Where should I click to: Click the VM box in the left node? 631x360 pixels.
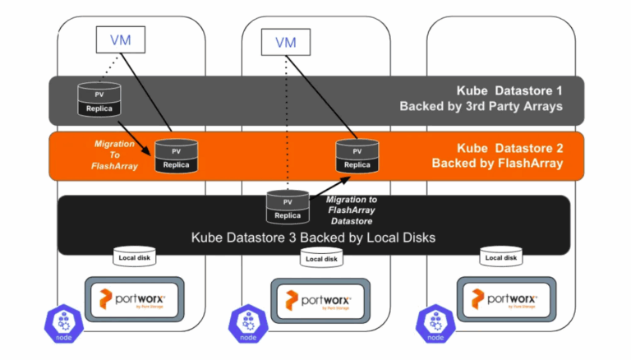(117, 38)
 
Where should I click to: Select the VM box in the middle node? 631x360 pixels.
(285, 42)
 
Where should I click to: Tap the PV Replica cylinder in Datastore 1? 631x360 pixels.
(99, 98)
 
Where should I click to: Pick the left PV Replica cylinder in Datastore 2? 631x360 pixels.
(175, 155)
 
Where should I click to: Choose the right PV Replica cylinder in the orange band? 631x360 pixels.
(357, 155)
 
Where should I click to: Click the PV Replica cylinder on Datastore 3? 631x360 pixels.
(288, 205)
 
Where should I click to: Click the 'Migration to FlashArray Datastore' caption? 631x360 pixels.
(352, 210)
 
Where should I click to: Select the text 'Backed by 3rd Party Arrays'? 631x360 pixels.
(481, 106)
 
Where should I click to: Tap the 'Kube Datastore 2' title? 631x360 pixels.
(509, 148)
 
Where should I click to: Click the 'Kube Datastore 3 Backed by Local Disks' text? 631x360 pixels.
(313, 238)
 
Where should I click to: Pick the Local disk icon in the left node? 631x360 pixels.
(134, 258)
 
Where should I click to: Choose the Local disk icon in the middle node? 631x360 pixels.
(320, 259)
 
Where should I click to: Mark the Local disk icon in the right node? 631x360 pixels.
(500, 258)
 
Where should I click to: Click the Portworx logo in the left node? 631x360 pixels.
(133, 298)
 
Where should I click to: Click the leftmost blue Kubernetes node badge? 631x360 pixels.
(62, 323)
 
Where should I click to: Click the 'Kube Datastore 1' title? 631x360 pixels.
(509, 90)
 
